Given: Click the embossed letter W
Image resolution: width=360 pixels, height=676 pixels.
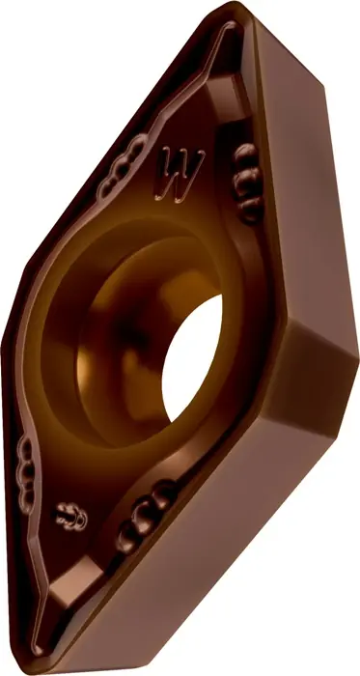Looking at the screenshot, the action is (180, 175).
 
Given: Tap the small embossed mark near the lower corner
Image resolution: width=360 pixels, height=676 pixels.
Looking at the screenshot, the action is (71, 516).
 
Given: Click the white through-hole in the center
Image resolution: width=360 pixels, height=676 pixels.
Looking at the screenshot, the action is (192, 358).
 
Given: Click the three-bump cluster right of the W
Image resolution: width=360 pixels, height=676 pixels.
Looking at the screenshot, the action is (247, 183).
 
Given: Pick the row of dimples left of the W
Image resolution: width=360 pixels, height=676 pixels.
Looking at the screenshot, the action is (122, 166).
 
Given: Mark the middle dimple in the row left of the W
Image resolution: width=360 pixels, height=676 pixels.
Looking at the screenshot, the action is (122, 167).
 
